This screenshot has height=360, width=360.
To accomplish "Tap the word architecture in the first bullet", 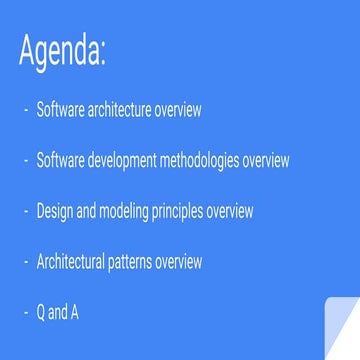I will pos(112,109).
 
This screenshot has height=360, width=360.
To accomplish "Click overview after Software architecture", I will pos(172,109).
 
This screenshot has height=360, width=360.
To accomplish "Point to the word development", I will pos(117,160).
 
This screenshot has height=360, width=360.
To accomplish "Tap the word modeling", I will pos(123,211).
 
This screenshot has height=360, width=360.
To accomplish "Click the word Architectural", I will pos(72,262).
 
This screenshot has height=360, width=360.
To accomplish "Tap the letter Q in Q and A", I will pos(42,313).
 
